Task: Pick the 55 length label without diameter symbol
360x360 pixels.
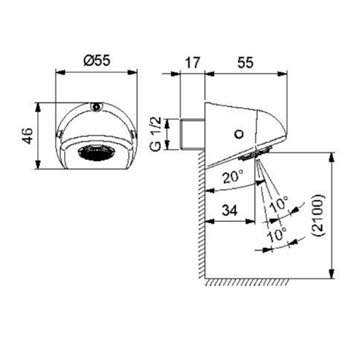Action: click(245, 61)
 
